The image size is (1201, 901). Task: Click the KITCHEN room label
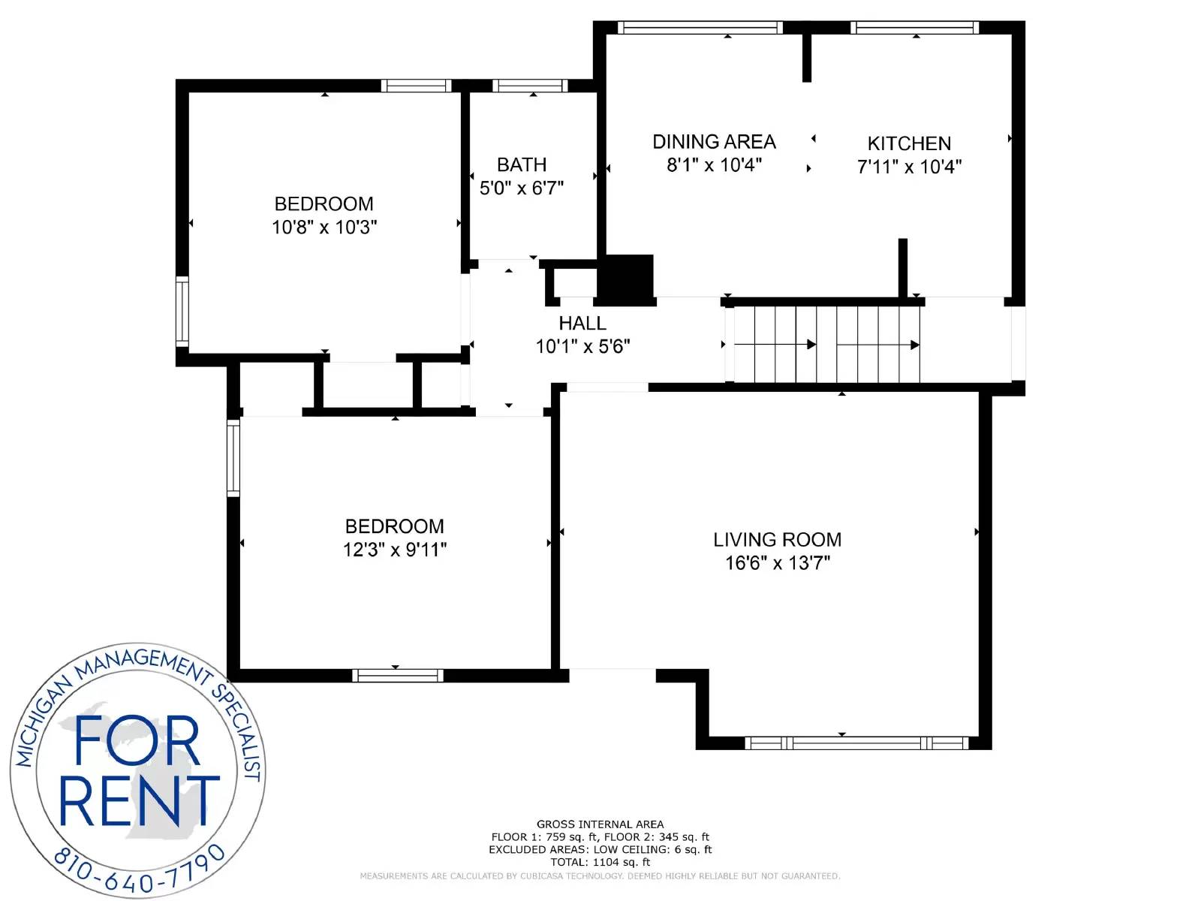[909, 143]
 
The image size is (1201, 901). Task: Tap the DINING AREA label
[714, 142]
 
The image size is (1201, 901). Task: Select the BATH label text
[522, 164]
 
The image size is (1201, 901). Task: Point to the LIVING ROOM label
[777, 540]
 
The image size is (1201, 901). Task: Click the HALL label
[582, 324]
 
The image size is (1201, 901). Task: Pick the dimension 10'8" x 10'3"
[324, 227]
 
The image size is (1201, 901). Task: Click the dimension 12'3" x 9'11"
[395, 550]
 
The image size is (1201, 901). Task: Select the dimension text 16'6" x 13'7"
[778, 563]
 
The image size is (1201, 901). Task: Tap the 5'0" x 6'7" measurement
[522, 188]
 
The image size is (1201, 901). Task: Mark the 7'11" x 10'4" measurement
[909, 166]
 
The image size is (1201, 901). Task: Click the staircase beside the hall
[826, 344]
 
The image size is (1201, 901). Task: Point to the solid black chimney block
[625, 279]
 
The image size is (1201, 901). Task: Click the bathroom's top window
[530, 86]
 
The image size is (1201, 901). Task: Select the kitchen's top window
[914, 27]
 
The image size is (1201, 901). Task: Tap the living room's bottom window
[857, 743]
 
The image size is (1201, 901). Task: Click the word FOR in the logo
[137, 741]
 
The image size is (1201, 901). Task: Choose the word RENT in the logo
[139, 800]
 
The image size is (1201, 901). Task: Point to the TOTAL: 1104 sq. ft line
[600, 862]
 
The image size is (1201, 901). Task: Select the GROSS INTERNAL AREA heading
[600, 824]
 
